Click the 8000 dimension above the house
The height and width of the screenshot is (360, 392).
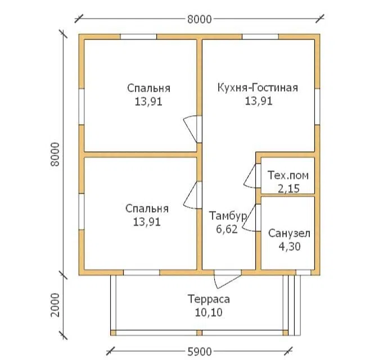(x=200, y=19)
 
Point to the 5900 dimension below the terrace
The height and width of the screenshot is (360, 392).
(x=200, y=352)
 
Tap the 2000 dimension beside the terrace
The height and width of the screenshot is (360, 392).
(x=56, y=305)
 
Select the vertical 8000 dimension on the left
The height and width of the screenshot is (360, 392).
(x=55, y=154)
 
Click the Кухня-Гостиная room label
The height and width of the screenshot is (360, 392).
(x=258, y=88)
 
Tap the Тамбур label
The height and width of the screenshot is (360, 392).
(x=228, y=216)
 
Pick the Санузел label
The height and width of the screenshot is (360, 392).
(x=289, y=233)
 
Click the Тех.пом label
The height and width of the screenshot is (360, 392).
(x=288, y=175)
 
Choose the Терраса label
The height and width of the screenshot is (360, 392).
(x=209, y=299)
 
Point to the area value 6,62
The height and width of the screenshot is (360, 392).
(x=227, y=229)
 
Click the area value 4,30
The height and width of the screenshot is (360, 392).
(x=290, y=247)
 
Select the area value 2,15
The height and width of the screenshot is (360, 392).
(x=289, y=188)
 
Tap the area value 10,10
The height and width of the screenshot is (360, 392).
(x=209, y=313)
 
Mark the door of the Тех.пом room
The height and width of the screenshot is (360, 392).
(x=250, y=176)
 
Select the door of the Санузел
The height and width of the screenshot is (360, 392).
(x=249, y=218)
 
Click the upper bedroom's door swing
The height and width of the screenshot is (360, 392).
(x=191, y=129)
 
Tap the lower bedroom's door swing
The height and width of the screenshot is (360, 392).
(x=191, y=195)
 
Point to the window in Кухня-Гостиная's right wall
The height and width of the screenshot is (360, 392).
(x=317, y=107)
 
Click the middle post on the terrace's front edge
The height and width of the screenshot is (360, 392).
(x=199, y=333)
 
